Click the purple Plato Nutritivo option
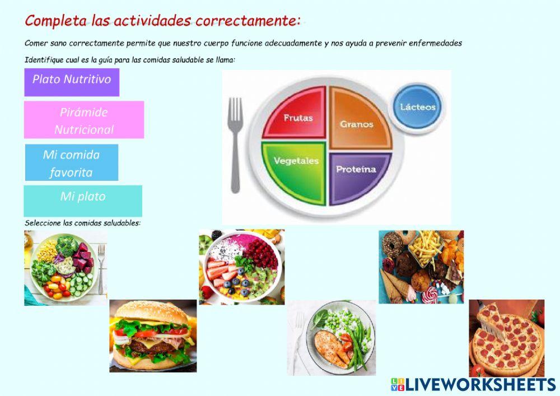click(x=72, y=82)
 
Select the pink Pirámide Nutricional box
click(x=84, y=119)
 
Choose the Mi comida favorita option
click(x=72, y=162)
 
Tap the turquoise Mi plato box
click(x=83, y=200)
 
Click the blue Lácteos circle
click(x=418, y=106)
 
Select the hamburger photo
click(x=153, y=336)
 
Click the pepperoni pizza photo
click(x=506, y=337)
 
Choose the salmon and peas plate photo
click(x=332, y=337)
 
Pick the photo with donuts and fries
click(x=421, y=267)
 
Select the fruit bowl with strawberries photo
click(x=241, y=267)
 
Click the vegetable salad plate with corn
click(x=65, y=268)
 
